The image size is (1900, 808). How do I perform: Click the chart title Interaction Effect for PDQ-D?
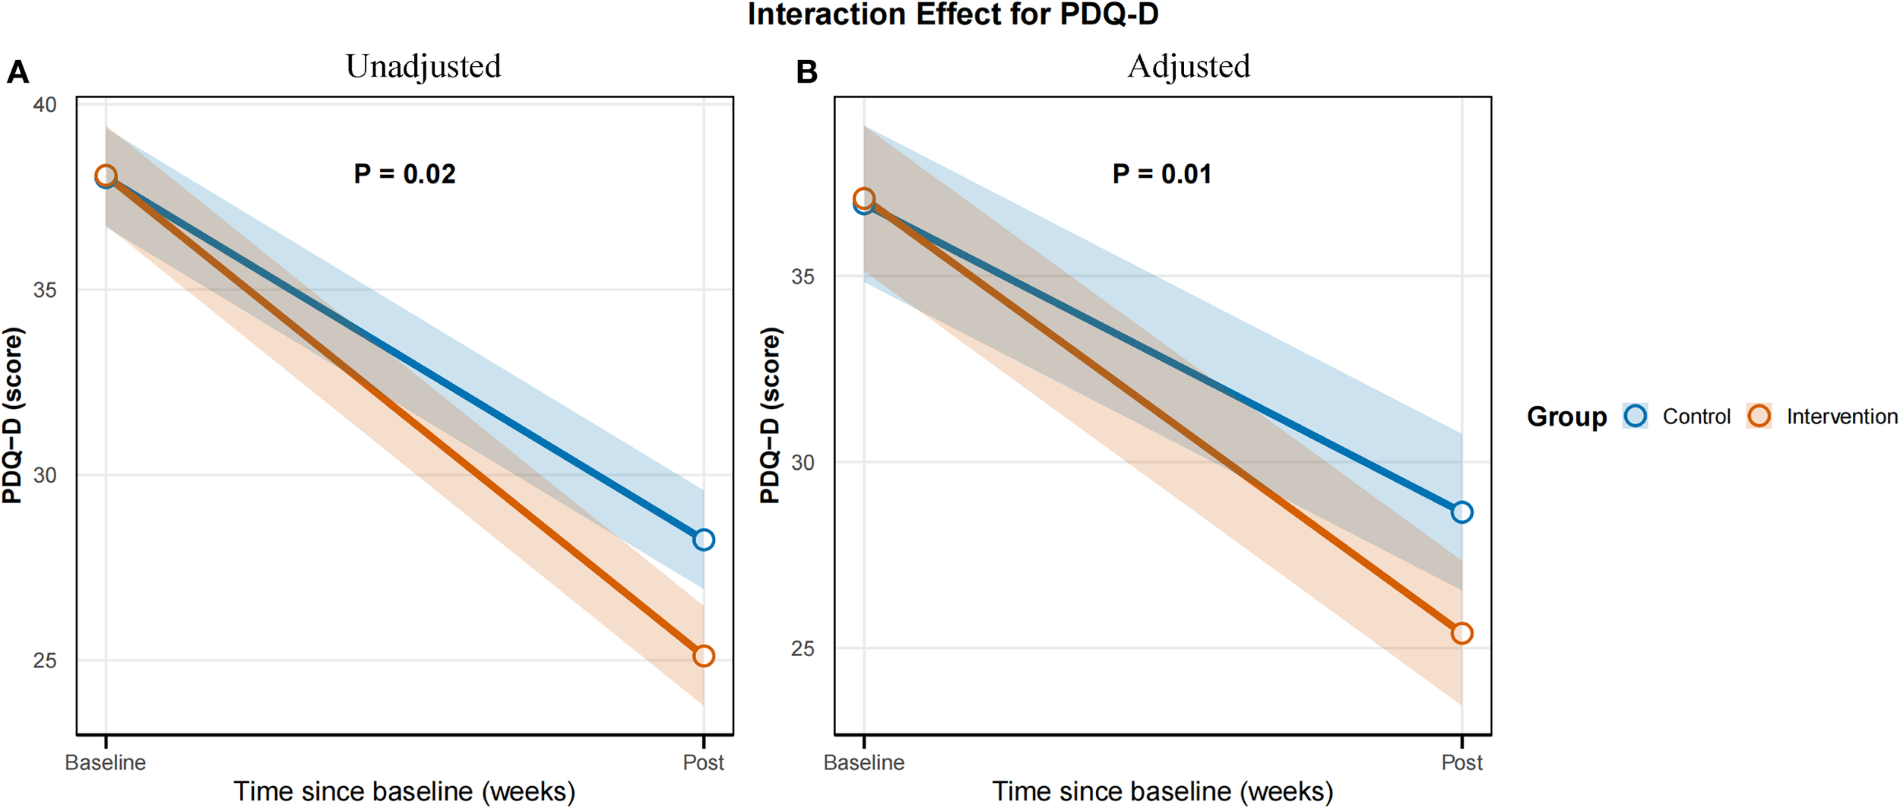[952, 15]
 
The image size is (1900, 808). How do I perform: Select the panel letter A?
[17, 73]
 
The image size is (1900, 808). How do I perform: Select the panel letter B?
[806, 73]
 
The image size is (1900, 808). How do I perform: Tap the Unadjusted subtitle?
[423, 67]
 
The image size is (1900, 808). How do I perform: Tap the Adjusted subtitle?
[1189, 67]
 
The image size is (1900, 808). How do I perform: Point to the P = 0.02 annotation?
[404, 174]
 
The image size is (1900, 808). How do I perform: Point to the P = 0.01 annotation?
[1162, 174]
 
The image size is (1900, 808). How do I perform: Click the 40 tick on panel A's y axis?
[45, 105]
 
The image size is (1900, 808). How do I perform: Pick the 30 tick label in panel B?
[803, 462]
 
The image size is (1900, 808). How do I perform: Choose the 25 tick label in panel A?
[45, 661]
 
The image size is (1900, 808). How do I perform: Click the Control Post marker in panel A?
[704, 540]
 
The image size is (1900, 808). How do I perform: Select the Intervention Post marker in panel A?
[704, 656]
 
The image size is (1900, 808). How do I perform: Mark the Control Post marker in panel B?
[1461, 512]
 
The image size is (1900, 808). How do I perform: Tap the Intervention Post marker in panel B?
[1461, 633]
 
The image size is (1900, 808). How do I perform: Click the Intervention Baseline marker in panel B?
[864, 199]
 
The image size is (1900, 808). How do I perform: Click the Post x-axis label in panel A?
[703, 762]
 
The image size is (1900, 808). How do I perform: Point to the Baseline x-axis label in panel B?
[864, 762]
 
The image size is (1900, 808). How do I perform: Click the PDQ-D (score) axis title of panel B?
[770, 415]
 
